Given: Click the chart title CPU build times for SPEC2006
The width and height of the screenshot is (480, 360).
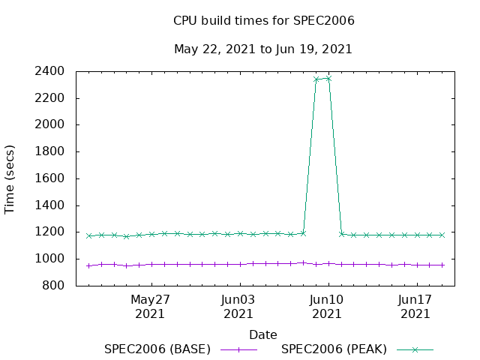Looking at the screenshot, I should pos(263,21).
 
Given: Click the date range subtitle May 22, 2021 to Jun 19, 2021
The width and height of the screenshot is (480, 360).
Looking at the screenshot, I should pos(263,49).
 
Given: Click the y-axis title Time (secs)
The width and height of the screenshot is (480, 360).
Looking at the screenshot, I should pos(10,178).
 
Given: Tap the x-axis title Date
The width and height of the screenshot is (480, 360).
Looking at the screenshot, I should pos(263,334).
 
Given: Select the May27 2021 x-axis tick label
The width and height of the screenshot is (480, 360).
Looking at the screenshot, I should pos(151,306).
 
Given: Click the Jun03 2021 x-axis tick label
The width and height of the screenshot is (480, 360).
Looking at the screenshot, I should pos(239,306).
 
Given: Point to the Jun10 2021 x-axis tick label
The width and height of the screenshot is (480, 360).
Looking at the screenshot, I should pos(328,306).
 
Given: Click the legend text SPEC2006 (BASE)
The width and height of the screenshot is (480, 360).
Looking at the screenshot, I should pos(157,349).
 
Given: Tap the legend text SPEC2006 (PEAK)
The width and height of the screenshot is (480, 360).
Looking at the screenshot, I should pos(334,349).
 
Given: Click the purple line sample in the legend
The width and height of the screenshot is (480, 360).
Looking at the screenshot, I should pos(238,349).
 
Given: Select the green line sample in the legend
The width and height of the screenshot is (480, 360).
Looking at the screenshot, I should pos(415,349).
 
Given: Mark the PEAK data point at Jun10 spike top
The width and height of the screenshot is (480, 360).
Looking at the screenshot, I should pos(328,78).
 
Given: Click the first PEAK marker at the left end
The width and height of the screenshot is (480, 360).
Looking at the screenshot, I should pos(88,235).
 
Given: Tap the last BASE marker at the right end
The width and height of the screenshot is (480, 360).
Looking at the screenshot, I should pos(442,265).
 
